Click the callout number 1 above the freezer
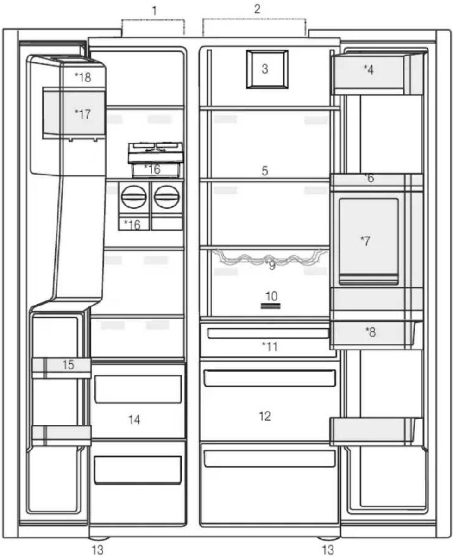point(155,11)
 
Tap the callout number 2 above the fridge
point(257,9)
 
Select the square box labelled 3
point(267,69)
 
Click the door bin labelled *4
point(377,74)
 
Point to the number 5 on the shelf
point(265,171)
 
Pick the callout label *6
point(369,179)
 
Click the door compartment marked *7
point(368,242)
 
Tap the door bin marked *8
point(376,335)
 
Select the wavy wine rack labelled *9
point(270,257)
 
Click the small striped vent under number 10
point(271,306)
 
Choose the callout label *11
point(270,347)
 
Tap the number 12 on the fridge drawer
point(264,416)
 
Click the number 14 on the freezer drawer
point(134,420)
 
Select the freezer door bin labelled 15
point(61,368)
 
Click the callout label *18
point(83,77)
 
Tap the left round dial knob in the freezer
point(134,197)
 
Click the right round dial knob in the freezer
point(167,197)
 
